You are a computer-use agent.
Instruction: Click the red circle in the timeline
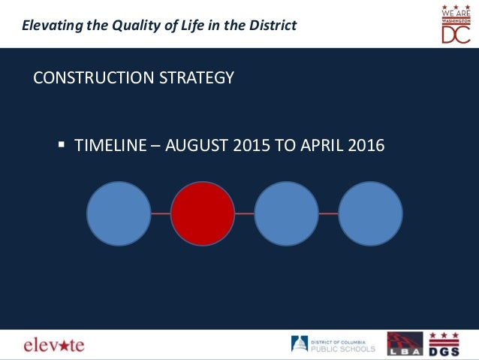coord(203,214)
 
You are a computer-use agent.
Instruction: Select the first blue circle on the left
coord(119,214)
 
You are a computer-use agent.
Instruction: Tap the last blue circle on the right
coord(370,214)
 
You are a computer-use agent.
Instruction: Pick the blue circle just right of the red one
coord(286,214)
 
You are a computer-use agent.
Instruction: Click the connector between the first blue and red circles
coord(161,214)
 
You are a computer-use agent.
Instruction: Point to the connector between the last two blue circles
coord(328,214)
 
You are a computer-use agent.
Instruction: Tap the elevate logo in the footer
coord(53,345)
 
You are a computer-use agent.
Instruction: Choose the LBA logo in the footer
coord(405,344)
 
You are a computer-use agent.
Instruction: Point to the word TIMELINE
coord(110,145)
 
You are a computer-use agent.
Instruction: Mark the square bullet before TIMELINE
coord(62,144)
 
